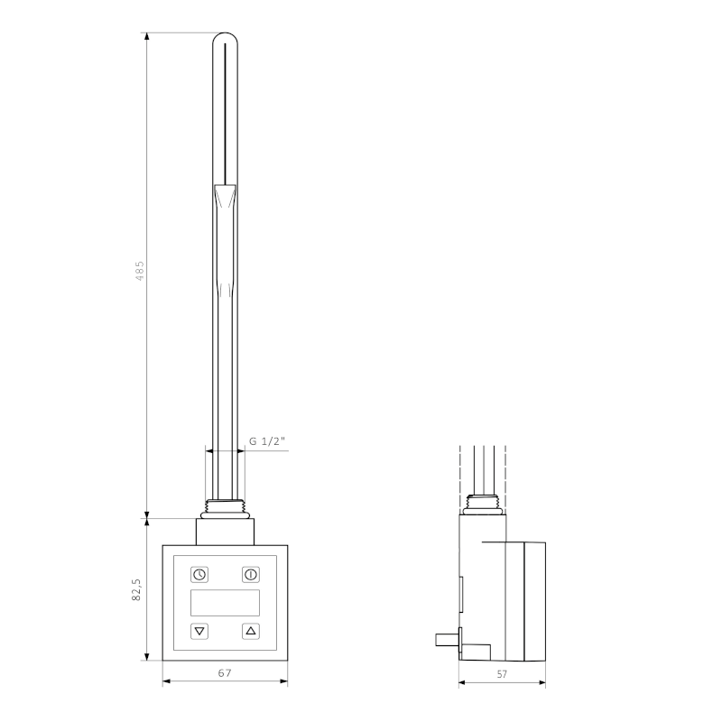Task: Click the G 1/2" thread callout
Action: point(267,440)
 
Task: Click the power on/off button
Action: point(250,574)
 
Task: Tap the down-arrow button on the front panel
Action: point(199,631)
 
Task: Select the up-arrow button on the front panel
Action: point(250,631)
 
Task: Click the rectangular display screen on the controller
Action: point(225,603)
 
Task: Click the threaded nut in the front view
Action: point(225,508)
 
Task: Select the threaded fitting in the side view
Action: point(485,504)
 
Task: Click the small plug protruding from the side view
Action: point(446,640)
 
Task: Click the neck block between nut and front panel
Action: point(225,531)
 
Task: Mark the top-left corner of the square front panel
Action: point(163,544)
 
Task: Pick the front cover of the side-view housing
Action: point(525,600)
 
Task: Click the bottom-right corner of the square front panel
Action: point(287,661)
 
